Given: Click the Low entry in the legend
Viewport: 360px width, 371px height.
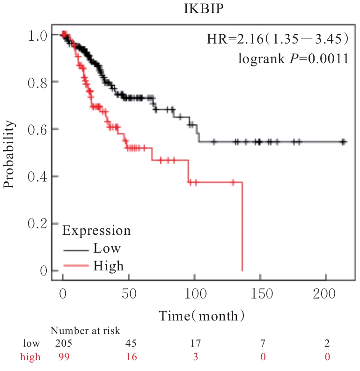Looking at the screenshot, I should [x=107, y=247].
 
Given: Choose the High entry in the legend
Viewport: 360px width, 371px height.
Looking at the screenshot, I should [x=108, y=266].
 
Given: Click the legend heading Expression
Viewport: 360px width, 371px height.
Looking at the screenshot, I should [x=96, y=230].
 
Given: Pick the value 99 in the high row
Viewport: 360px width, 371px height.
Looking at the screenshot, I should [x=63, y=357].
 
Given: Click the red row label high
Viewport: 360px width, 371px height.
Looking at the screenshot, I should [x=30, y=357].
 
